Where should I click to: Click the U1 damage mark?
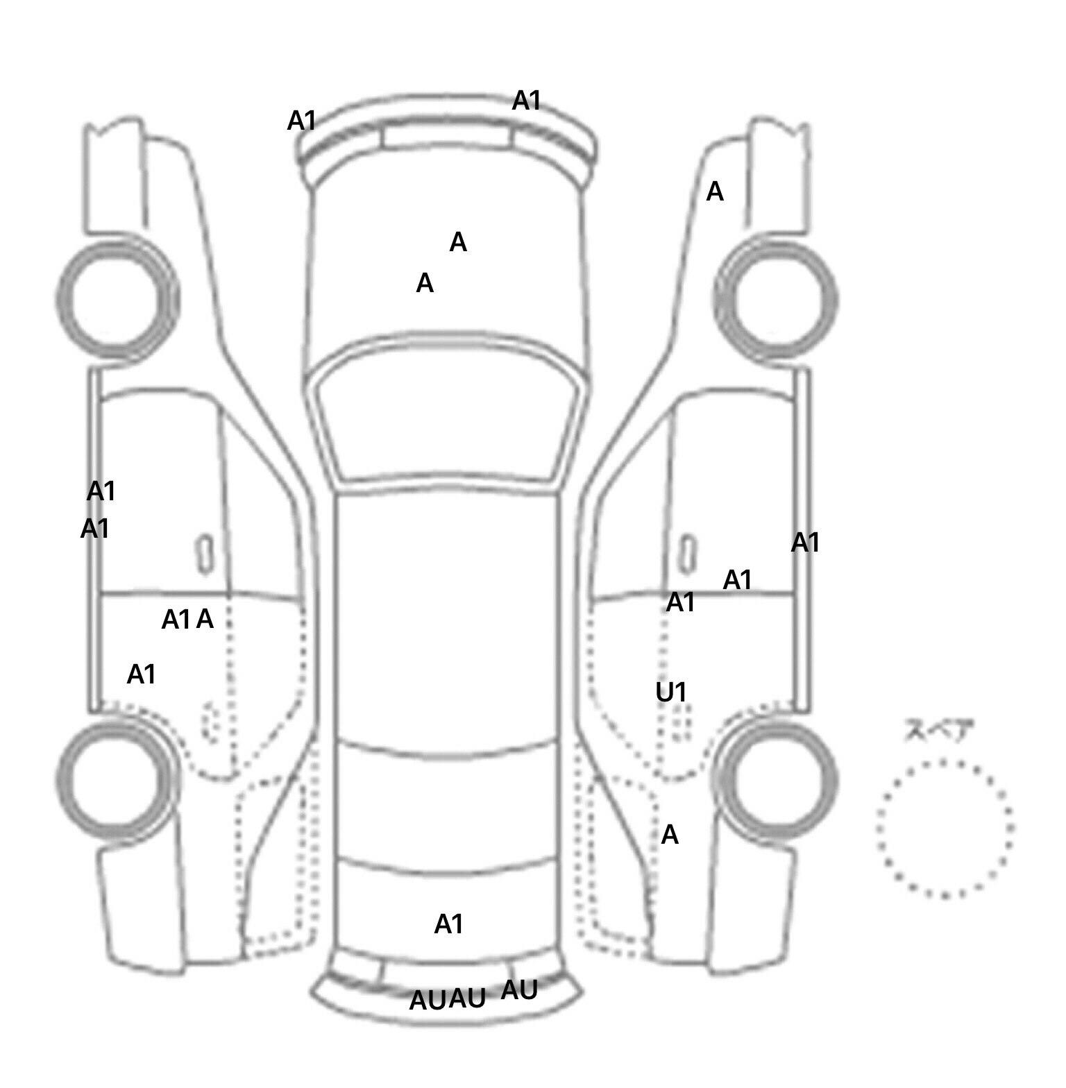pyautogui.click(x=671, y=692)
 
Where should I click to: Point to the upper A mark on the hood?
pyautogui.click(x=458, y=242)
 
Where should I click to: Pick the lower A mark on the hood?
pyautogui.click(x=425, y=283)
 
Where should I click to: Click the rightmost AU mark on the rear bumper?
pyautogui.click(x=519, y=990)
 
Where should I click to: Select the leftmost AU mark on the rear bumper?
pyautogui.click(x=428, y=1001)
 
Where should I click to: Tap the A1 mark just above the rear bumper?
pyautogui.click(x=448, y=924)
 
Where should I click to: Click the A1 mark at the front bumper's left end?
pyautogui.click(x=302, y=121)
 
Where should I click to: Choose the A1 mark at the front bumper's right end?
pyautogui.click(x=526, y=101)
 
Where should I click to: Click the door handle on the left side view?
pyautogui.click(x=205, y=554)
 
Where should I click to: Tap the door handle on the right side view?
pyautogui.click(x=687, y=554)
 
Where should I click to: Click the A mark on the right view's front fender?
pyautogui.click(x=715, y=192)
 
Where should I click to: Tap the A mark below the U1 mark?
pyautogui.click(x=670, y=835)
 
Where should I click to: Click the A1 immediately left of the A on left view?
pyautogui.click(x=176, y=620)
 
